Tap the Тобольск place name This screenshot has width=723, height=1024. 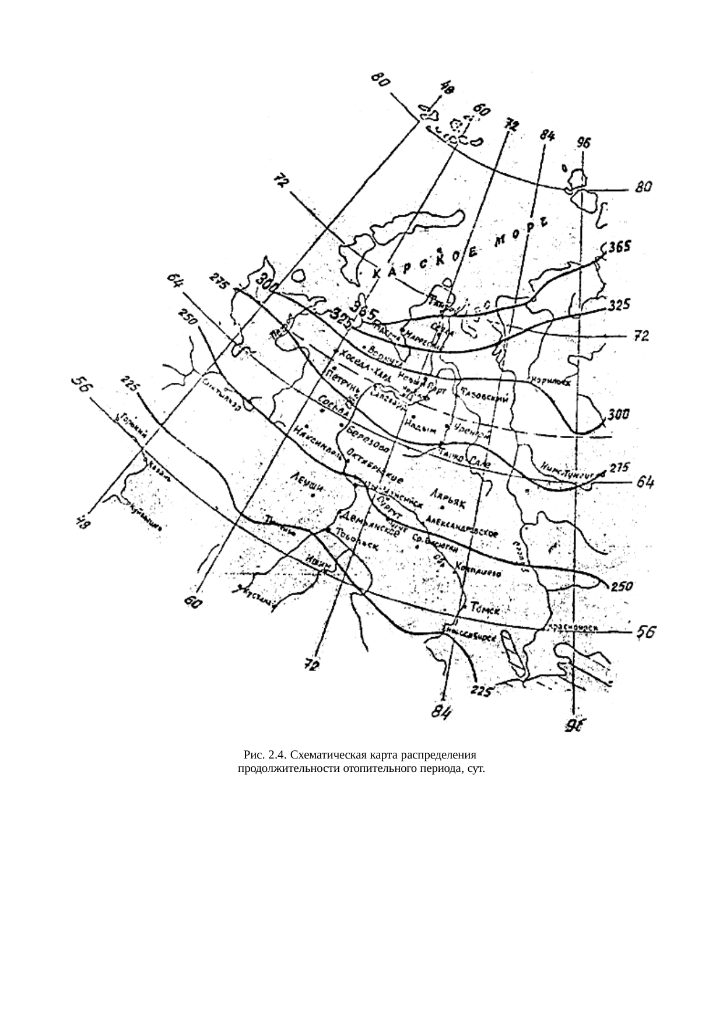pyautogui.click(x=356, y=539)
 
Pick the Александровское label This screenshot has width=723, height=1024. pyautogui.click(x=461, y=523)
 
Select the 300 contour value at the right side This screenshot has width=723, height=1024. pyautogui.click(x=619, y=414)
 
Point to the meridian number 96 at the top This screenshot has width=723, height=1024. pyautogui.click(x=584, y=142)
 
